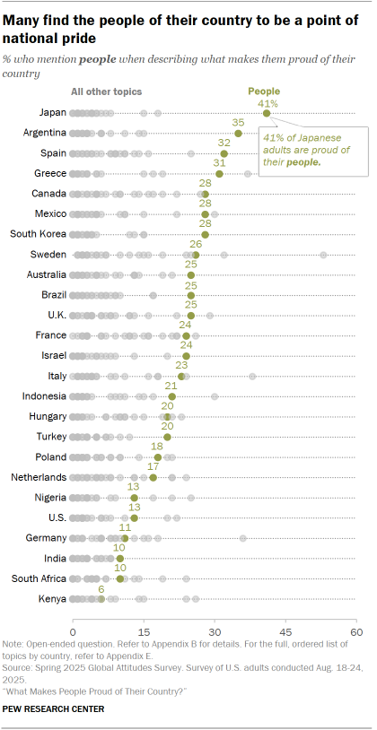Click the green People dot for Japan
[x=267, y=113]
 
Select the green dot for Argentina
[x=238, y=133]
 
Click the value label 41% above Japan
[x=267, y=103]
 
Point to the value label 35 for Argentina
[x=238, y=122]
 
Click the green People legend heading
[x=264, y=91]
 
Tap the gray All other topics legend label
[x=107, y=91]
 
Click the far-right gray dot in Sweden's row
[x=323, y=255]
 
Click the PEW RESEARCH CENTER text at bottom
[x=54, y=709]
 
